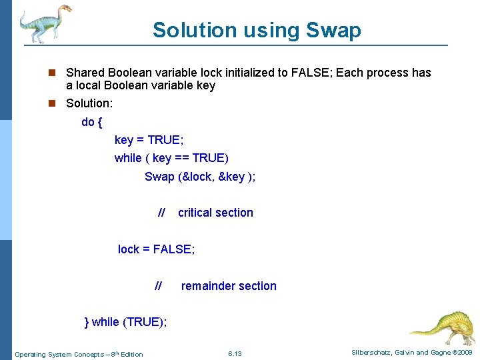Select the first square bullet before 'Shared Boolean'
[57, 73]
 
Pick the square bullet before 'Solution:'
[57, 103]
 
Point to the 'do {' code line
[91, 122]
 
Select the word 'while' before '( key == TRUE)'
[128, 158]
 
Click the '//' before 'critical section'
[161, 213]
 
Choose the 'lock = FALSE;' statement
[156, 249]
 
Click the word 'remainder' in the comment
[208, 286]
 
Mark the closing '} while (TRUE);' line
[126, 322]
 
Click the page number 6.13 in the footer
[235, 353]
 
